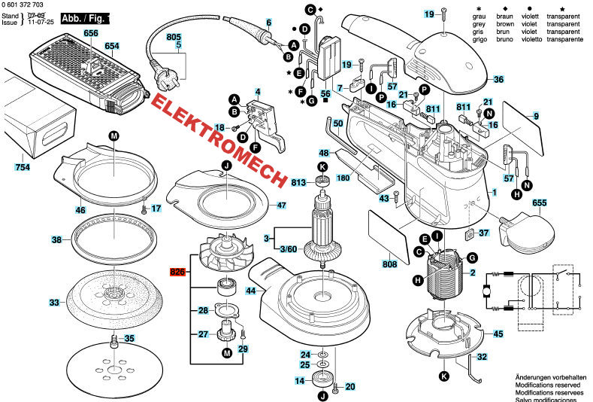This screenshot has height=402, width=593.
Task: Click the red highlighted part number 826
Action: [x=177, y=272]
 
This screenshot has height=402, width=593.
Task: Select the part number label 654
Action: [x=112, y=46]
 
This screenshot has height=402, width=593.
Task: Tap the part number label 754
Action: [x=23, y=166]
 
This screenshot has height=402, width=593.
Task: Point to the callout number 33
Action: [x=54, y=303]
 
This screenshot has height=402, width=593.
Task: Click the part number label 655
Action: [x=518, y=203]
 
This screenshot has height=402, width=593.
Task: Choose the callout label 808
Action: [x=389, y=264]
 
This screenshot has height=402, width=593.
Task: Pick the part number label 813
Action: [x=299, y=182]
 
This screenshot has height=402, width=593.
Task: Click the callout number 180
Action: [x=343, y=178]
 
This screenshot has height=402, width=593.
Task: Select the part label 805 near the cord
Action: [x=174, y=37]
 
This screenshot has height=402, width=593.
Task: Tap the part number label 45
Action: [x=498, y=333]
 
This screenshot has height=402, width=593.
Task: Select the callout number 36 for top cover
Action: [x=498, y=79]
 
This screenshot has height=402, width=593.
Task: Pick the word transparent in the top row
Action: [x=568, y=15]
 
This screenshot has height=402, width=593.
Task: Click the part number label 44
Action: [x=251, y=290]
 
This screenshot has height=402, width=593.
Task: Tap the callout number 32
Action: [x=482, y=357]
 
